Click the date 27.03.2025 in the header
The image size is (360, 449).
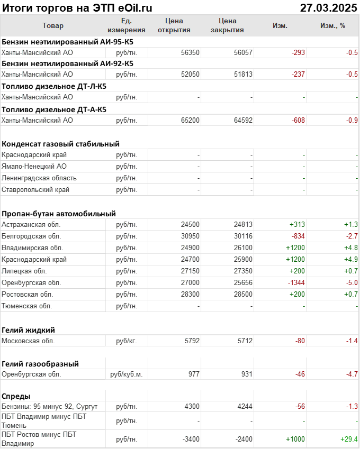(x=328, y=7)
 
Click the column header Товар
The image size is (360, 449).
(x=52, y=26)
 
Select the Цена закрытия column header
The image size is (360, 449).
(x=227, y=26)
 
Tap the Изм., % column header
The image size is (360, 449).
(x=332, y=26)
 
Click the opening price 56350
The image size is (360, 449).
(x=190, y=52)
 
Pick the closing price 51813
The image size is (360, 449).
(x=243, y=75)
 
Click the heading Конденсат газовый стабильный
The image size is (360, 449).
(x=60, y=143)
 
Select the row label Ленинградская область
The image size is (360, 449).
(x=39, y=178)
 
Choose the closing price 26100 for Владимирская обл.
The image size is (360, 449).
(x=243, y=248)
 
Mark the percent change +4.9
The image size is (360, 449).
(x=350, y=260)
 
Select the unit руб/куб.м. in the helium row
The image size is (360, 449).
(x=127, y=374)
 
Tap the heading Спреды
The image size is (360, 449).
(x=16, y=396)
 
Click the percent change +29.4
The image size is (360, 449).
(x=348, y=439)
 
